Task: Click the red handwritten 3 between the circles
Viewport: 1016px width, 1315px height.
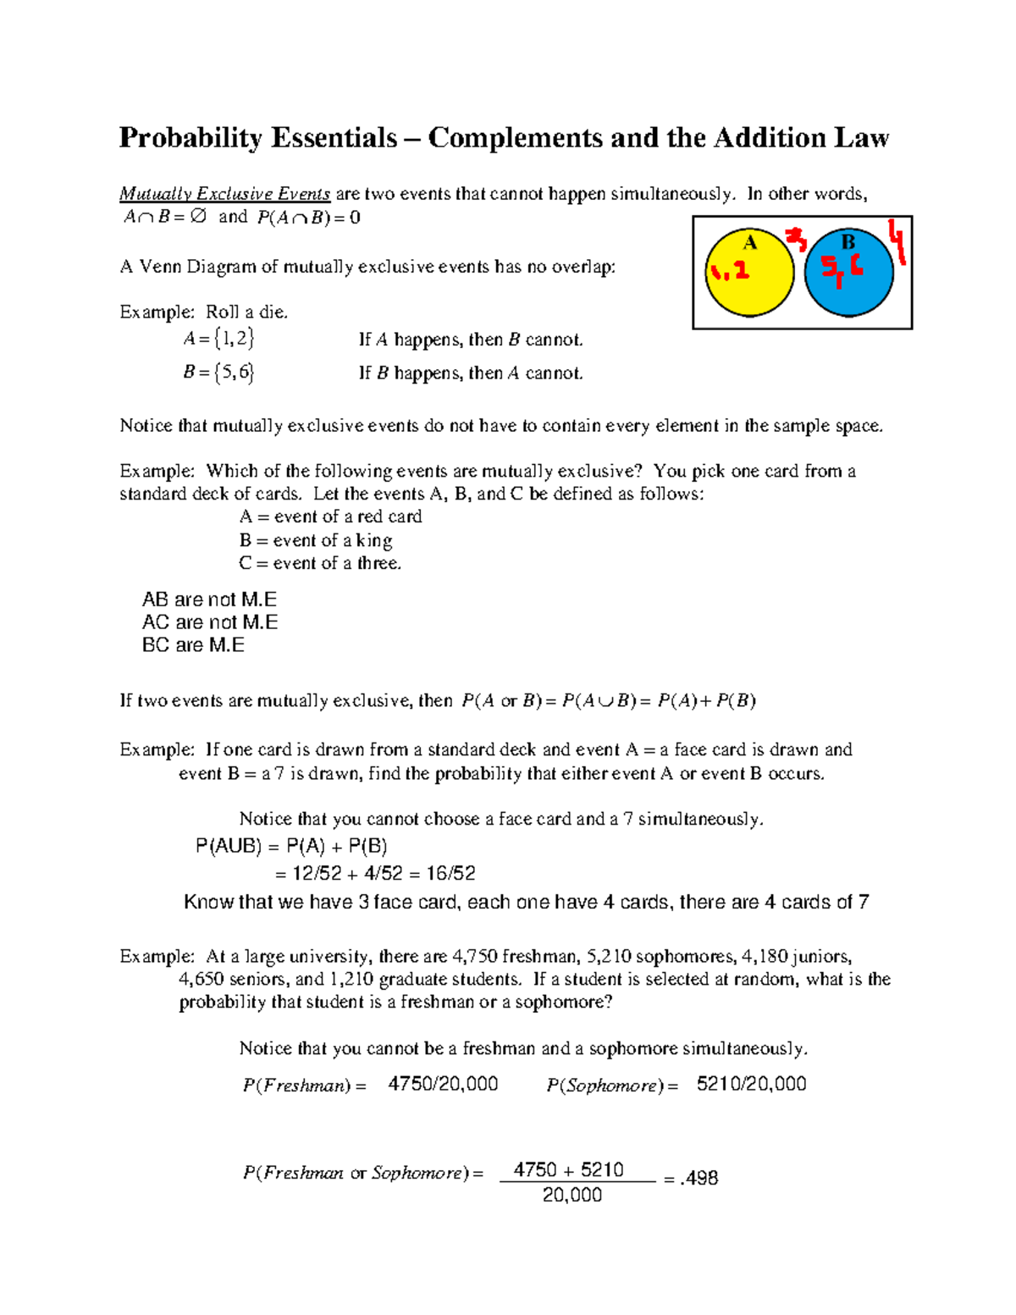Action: (x=796, y=240)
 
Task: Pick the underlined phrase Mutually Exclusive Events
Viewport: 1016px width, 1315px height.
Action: (x=224, y=194)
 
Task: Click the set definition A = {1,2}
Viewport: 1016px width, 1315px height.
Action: (x=218, y=340)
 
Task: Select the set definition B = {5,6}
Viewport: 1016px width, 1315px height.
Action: (x=218, y=373)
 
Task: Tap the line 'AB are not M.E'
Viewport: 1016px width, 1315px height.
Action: (x=209, y=599)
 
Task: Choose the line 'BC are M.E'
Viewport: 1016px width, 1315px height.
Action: (x=193, y=645)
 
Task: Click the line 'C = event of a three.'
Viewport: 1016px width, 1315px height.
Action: (x=320, y=563)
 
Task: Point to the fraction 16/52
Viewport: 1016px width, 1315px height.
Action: (x=450, y=874)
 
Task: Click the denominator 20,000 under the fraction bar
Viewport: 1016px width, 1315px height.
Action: (x=572, y=1195)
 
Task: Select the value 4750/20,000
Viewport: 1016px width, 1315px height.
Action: (x=443, y=1084)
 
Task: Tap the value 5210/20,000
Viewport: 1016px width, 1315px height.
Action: (x=751, y=1084)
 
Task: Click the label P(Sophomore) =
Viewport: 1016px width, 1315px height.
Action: (x=612, y=1086)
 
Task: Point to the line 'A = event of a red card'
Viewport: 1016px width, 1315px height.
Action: (x=330, y=517)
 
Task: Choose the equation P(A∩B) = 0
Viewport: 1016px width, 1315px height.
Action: (x=308, y=218)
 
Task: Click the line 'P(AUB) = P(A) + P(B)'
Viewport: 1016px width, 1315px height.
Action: (x=291, y=846)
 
